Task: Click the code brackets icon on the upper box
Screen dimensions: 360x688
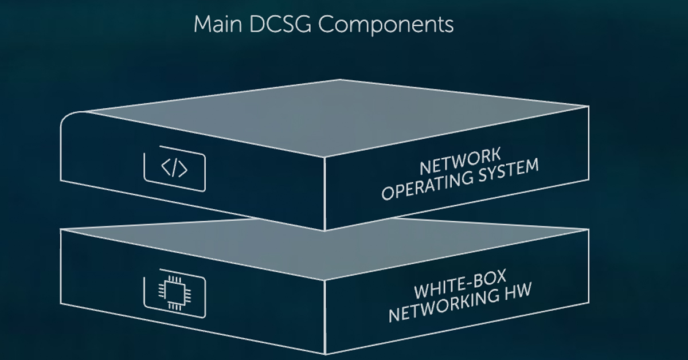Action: (x=174, y=170)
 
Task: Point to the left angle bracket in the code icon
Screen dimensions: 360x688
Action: (x=165, y=169)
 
